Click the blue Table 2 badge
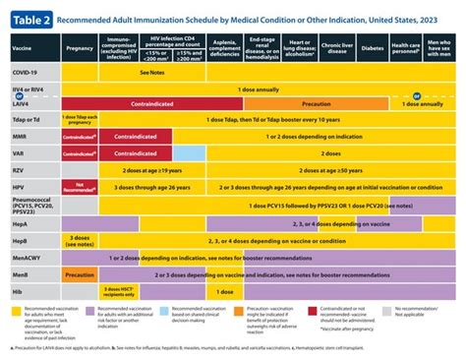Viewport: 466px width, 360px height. tap(33, 16)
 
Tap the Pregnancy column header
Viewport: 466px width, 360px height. tap(79, 45)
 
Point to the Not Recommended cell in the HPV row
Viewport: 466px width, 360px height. tap(79, 185)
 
